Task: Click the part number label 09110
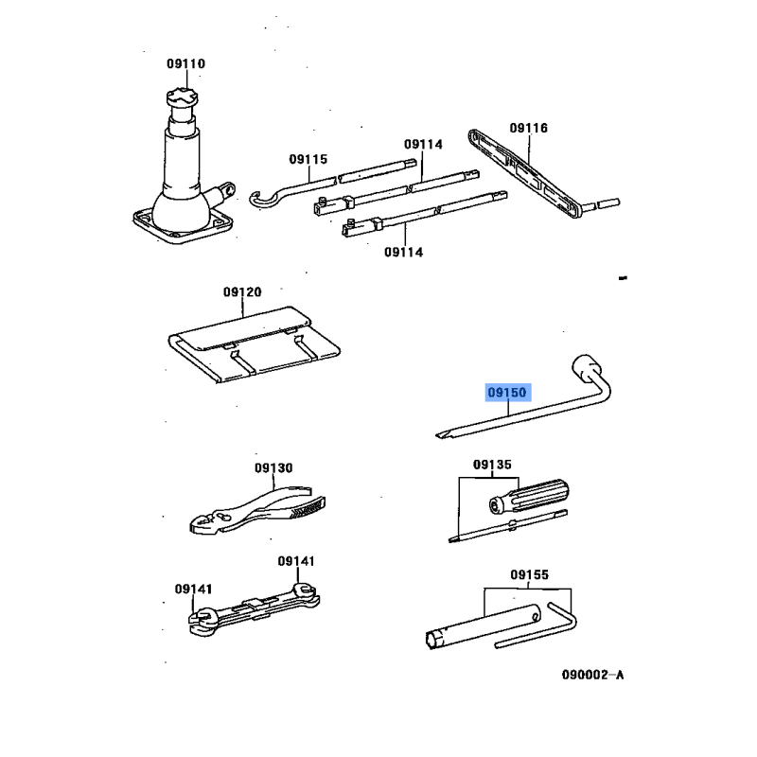185,63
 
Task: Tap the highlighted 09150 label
507,393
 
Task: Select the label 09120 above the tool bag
242,292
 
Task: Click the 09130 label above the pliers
273,467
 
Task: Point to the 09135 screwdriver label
492,465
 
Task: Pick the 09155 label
529,574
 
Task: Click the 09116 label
529,128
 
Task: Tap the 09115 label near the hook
308,159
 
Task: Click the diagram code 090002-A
593,675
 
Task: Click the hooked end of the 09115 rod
261,199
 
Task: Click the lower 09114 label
404,253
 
